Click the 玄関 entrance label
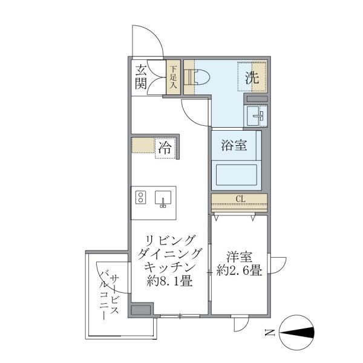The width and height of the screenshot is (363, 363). (140, 76)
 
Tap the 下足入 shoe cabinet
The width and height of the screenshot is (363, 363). (174, 76)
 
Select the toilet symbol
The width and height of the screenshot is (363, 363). (198, 77)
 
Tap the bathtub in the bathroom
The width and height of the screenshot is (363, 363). (236, 175)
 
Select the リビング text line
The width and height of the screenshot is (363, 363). (166, 239)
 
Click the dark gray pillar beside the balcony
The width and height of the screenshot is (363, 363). (140, 311)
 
